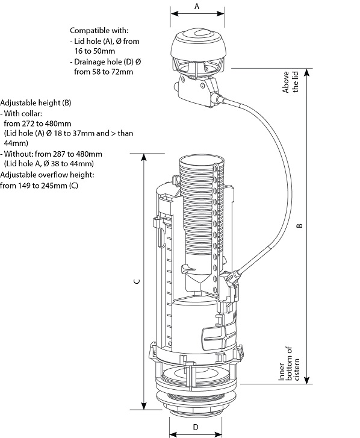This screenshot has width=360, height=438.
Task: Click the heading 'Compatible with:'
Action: click(99, 30)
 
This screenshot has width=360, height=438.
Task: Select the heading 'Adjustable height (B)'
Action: click(36, 103)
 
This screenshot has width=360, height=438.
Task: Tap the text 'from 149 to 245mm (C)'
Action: click(39, 185)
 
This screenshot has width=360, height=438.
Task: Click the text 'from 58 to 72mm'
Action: click(103, 72)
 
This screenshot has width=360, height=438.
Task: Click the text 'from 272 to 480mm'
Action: click(37, 124)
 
